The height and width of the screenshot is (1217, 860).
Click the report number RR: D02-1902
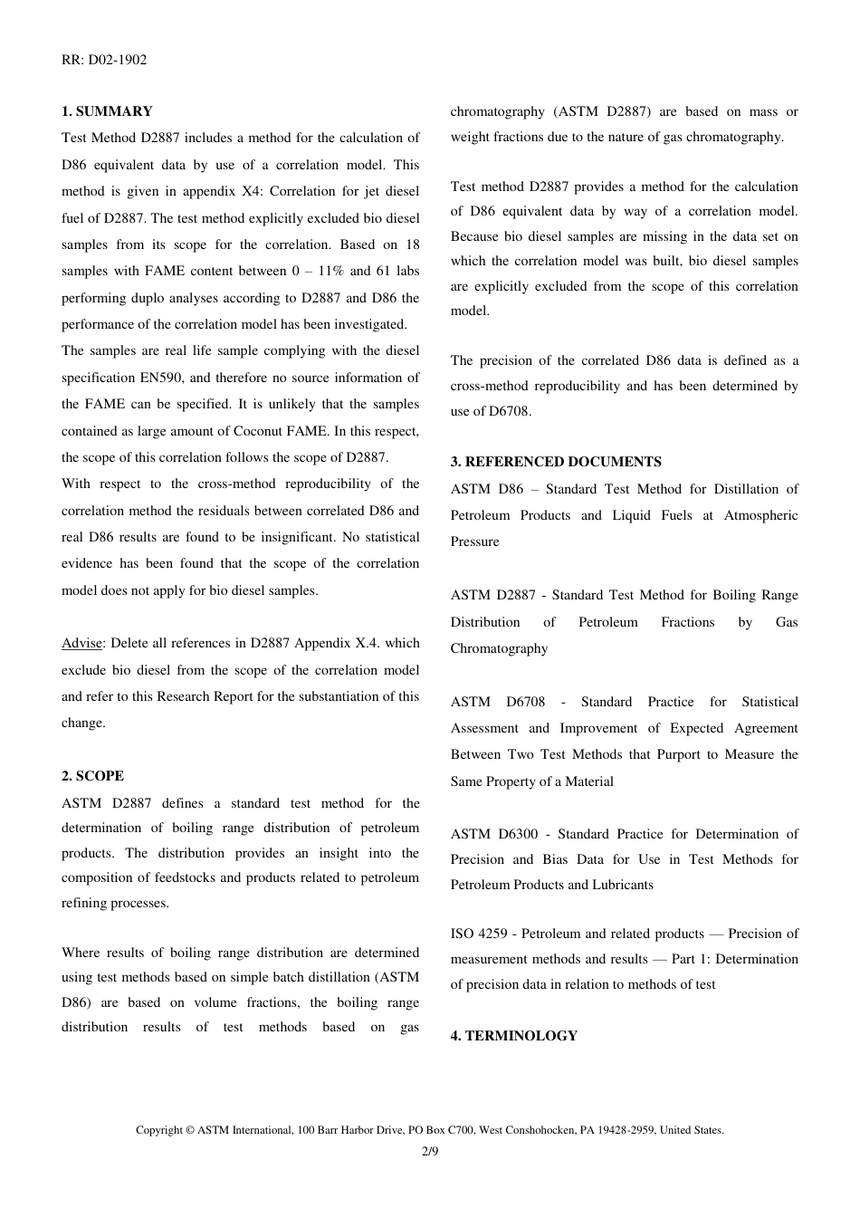tap(104, 60)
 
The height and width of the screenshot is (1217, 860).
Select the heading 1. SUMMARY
tap(107, 111)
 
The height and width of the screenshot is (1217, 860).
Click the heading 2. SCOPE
tap(92, 776)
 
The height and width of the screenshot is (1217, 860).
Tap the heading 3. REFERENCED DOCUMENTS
tap(556, 462)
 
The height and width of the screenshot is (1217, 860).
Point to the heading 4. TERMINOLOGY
tap(513, 1036)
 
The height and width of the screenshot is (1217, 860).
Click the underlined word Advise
tap(81, 643)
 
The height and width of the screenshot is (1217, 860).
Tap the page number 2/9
tap(430, 1152)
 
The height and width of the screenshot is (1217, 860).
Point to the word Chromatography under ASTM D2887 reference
tap(499, 648)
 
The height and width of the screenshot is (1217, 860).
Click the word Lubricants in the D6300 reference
tap(622, 885)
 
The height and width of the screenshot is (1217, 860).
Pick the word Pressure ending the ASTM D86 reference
tap(474, 541)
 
